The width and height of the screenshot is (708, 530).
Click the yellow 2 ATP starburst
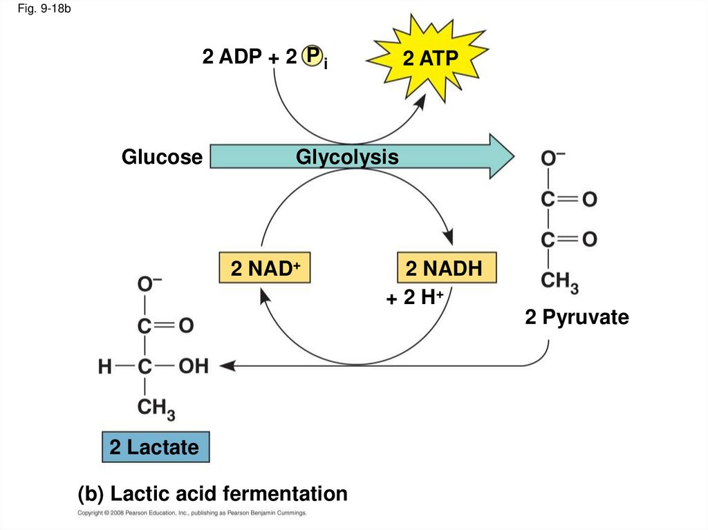pos(427,58)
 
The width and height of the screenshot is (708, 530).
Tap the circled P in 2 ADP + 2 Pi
pos(312,56)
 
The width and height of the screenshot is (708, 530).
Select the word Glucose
pos(162,157)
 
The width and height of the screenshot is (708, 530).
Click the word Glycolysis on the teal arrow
pos(347,157)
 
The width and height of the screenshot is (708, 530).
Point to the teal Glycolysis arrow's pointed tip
pos(514,157)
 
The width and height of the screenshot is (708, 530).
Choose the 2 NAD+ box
pos(265,267)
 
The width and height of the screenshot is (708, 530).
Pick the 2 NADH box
pos(447,267)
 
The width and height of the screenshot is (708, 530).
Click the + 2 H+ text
pos(416,298)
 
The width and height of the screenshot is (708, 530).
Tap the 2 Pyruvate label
pos(577,317)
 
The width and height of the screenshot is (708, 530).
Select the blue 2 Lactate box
pos(156,447)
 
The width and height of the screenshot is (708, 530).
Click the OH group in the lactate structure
pos(194,366)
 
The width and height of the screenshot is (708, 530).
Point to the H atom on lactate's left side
pos(105,366)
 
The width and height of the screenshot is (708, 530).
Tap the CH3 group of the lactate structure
pos(156,408)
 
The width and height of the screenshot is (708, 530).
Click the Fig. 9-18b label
pos(44,8)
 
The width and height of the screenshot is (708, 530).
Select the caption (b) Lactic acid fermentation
pos(213,493)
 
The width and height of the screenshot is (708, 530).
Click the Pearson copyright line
pos(192,513)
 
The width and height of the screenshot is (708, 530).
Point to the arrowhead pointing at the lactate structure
pos(227,366)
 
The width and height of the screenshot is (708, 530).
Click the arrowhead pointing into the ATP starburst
pos(420,101)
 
